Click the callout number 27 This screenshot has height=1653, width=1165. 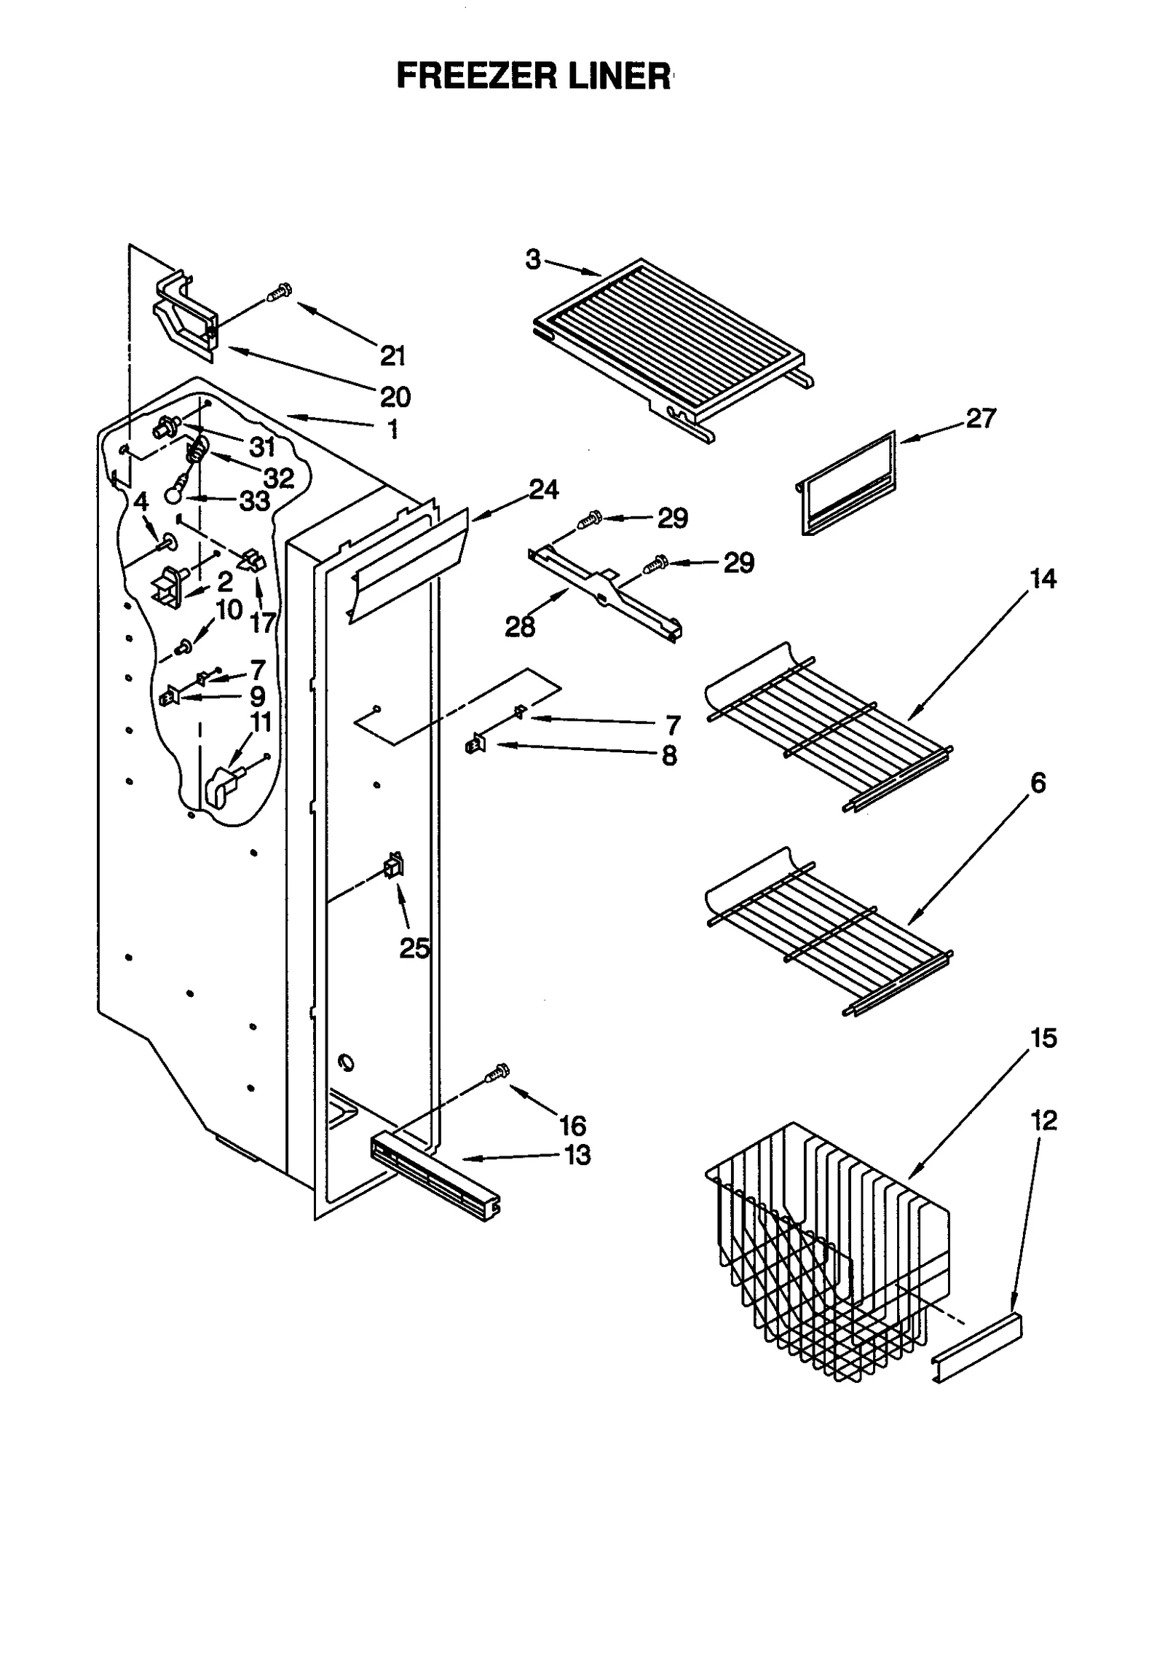tap(979, 419)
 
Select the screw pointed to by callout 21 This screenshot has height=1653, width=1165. tap(279, 292)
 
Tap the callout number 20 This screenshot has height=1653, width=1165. tap(395, 397)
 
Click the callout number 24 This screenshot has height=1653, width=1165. tap(544, 490)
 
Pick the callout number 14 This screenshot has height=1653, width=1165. tap(1043, 579)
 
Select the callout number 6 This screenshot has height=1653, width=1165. tap(1038, 784)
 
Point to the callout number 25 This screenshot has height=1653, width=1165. tap(414, 948)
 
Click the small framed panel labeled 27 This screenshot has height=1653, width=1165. tap(848, 484)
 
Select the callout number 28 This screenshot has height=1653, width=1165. tap(520, 626)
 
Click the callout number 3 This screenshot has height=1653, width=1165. tap(534, 260)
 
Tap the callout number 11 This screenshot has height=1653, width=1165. tap(260, 722)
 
